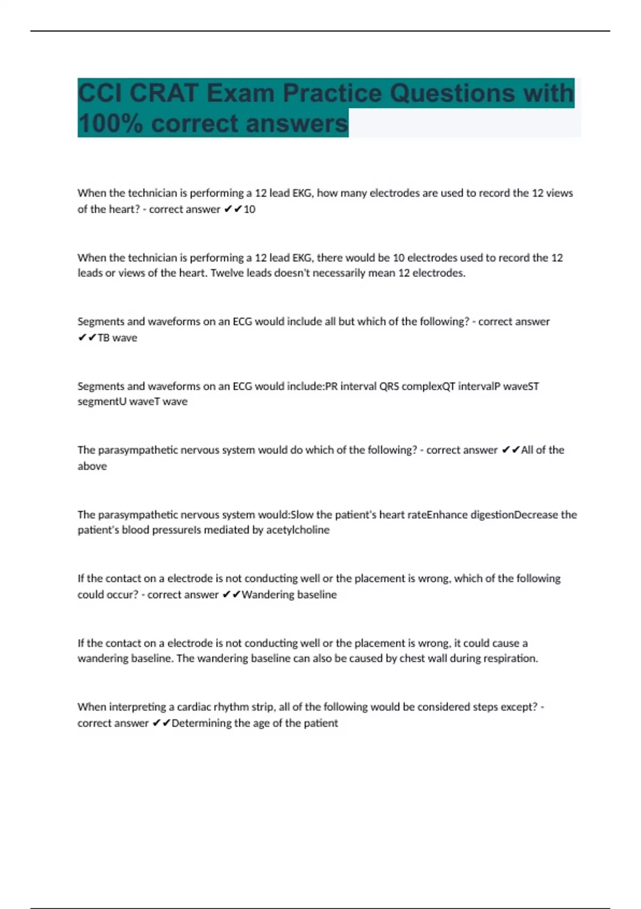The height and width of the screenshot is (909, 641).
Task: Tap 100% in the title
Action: tap(110, 124)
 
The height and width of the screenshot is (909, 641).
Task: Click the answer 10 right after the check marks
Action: tap(249, 209)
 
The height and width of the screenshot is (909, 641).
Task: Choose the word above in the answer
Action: tap(92, 466)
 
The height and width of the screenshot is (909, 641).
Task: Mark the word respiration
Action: tap(511, 658)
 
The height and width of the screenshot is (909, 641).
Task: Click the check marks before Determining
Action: tap(161, 723)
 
